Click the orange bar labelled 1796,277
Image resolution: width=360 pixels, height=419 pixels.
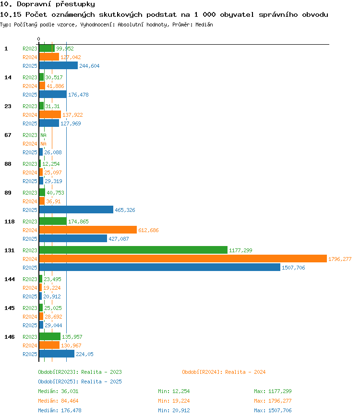(183, 259)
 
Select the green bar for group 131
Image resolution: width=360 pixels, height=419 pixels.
(133, 250)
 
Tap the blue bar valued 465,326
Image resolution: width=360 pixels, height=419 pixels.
(76, 210)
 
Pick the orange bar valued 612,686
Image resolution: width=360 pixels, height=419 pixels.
(88, 230)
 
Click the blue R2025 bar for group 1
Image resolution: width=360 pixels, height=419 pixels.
(59, 65)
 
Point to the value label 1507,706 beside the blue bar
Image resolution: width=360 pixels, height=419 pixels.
(293, 268)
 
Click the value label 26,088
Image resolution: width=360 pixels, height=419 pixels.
(53, 152)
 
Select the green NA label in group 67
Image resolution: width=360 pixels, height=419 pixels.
(43, 135)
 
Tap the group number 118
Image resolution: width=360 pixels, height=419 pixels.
(9, 222)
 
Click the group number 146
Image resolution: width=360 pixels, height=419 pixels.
(9, 337)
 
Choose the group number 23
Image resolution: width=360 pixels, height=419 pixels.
(8, 106)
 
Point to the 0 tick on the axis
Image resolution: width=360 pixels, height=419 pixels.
(39, 39)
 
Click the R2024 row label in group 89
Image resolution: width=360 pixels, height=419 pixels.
(30, 201)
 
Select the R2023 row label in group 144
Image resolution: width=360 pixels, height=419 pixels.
(30, 279)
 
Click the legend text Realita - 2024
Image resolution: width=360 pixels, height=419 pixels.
(245, 372)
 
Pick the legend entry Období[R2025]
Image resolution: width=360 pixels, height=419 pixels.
(58, 382)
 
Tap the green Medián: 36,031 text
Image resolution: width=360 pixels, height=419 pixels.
(58, 391)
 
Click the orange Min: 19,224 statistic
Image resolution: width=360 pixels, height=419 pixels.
(174, 401)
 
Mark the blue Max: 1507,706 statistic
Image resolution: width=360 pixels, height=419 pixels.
(273, 410)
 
